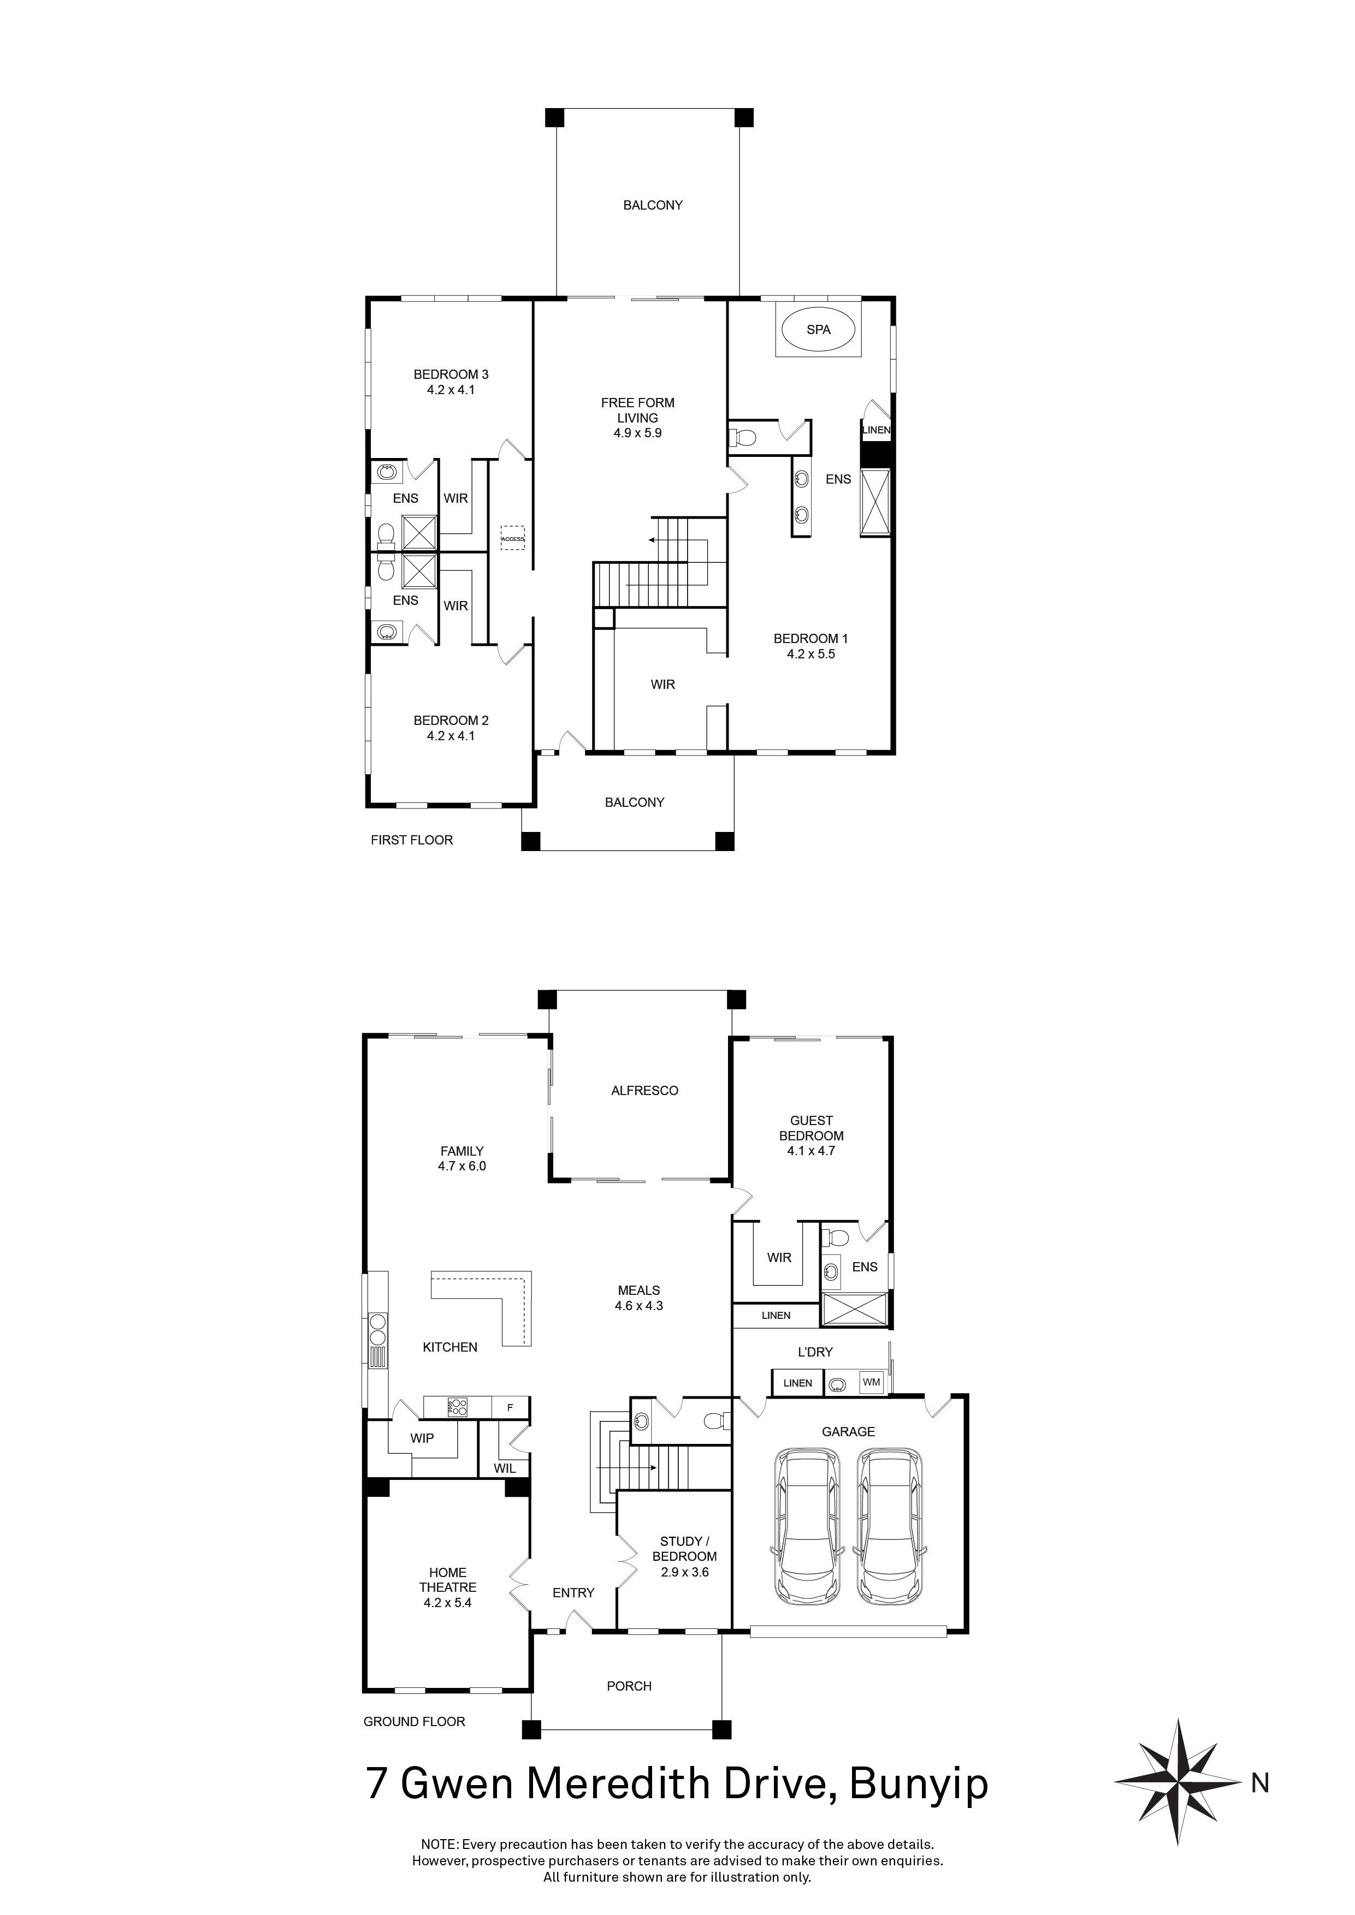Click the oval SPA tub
pyautogui.click(x=818, y=330)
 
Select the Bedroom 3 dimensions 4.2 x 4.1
pyautogui.click(x=451, y=390)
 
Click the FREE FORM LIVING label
pyautogui.click(x=637, y=411)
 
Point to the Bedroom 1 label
pyautogui.click(x=810, y=639)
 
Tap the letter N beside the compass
pyautogui.click(x=1260, y=1784)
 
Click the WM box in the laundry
pyautogui.click(x=871, y=1382)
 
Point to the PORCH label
pyautogui.click(x=629, y=1686)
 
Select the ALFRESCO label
pyautogui.click(x=644, y=1090)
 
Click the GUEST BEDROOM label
pyautogui.click(x=811, y=1128)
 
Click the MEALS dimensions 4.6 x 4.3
pyautogui.click(x=638, y=1305)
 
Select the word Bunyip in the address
pyautogui.click(x=918, y=1784)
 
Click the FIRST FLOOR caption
pyautogui.click(x=411, y=840)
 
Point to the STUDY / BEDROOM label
pyautogui.click(x=684, y=1549)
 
